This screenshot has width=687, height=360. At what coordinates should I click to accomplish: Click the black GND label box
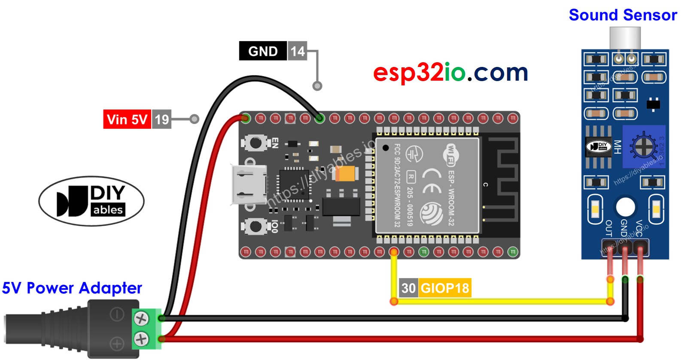click(263, 51)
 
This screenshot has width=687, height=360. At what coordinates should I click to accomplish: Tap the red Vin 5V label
click(127, 119)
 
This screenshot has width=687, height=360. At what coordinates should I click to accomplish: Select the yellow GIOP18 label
click(445, 288)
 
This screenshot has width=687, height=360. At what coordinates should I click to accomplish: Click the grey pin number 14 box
click(297, 51)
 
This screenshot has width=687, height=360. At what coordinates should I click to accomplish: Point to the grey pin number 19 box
click(161, 119)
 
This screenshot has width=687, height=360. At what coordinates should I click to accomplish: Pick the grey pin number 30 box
click(408, 288)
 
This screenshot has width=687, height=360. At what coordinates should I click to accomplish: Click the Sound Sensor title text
click(623, 15)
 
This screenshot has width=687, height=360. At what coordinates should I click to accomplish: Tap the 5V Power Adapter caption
click(72, 288)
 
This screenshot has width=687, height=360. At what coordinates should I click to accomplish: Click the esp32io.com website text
click(450, 72)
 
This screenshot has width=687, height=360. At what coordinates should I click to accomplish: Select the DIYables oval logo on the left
click(91, 201)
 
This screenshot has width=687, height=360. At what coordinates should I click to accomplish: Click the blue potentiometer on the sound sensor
click(643, 147)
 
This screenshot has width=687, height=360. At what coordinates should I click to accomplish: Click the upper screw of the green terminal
click(141, 318)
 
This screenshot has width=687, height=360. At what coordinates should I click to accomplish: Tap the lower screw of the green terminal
click(141, 339)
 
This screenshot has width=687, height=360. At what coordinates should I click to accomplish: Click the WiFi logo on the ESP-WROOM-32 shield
click(450, 154)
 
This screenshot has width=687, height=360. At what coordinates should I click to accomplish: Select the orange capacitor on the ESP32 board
click(347, 174)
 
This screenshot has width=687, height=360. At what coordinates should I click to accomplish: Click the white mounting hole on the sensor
click(625, 207)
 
